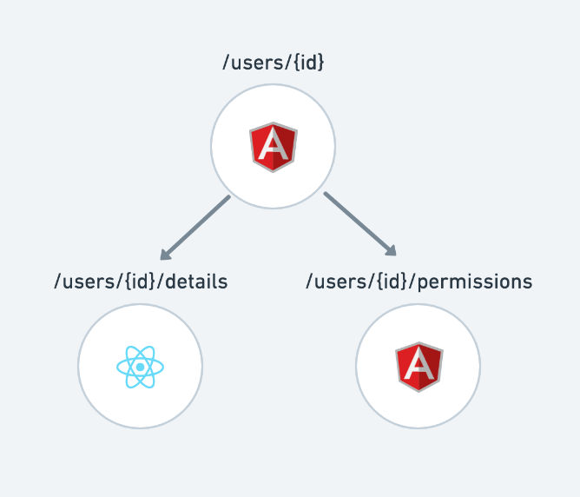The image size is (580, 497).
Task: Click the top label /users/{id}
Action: [273, 63]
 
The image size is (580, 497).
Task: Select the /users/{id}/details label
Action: [141, 282]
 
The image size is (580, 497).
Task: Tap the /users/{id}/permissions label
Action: [419, 282]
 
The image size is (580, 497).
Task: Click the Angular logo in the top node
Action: [274, 147]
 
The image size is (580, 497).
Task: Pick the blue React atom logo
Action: [140, 367]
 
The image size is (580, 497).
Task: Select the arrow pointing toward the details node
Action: [195, 228]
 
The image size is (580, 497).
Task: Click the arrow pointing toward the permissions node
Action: [359, 224]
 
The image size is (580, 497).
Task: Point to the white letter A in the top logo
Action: [274, 147]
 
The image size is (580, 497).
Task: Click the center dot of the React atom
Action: [140, 367]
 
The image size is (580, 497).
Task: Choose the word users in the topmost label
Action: [257, 63]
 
